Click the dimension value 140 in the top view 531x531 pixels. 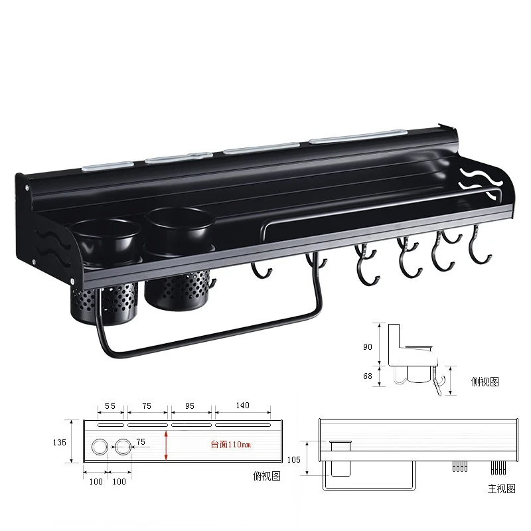242,406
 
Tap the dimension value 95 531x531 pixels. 190,406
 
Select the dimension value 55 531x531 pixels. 110,406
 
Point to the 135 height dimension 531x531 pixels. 60,442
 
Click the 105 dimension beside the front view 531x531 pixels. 293,459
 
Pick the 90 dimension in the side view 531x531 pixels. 368,346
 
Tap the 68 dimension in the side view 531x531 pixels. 368,376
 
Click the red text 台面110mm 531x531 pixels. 230,444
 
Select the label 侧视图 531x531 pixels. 485,382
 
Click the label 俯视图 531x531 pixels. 267,476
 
